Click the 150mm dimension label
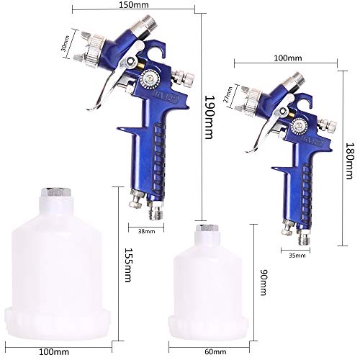coord(134,4)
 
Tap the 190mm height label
coord(209,117)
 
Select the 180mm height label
coord(349,161)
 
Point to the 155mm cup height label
coord(128,265)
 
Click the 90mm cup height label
coord(264,282)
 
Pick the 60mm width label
coord(215,352)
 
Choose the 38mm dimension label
coord(146,231)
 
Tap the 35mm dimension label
coord(297,256)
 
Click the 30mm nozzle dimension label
coord(65,43)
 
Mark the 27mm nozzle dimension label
coord(228,94)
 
